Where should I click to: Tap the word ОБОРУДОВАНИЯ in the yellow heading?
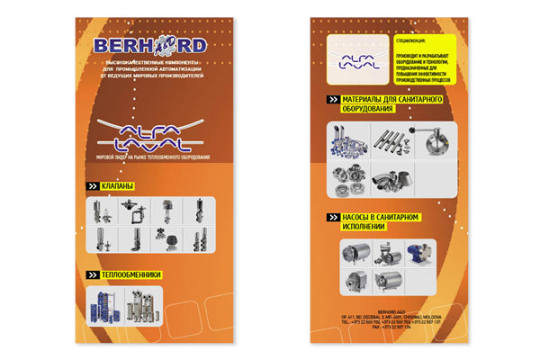point(369,109)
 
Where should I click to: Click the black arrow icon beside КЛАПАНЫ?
point(91,186)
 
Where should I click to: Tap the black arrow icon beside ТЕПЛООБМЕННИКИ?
point(91,274)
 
